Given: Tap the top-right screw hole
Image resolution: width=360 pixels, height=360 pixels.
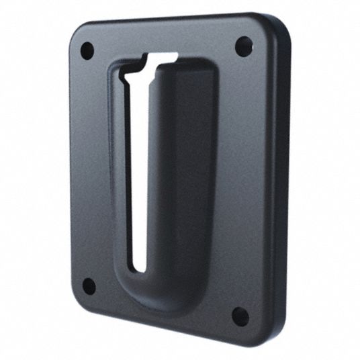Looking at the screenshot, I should click(244, 46).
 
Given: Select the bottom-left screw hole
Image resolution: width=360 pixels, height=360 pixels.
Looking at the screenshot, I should click(89, 285).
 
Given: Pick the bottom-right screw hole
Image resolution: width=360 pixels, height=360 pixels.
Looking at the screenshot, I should click(240, 315).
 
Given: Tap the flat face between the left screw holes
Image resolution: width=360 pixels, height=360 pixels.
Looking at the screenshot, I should click(91, 168).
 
